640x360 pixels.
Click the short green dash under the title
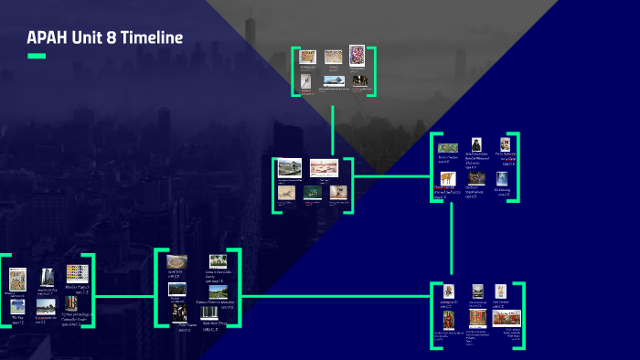tap(37, 56)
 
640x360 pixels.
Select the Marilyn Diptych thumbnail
tap(77, 273)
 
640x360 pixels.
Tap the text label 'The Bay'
tap(17, 318)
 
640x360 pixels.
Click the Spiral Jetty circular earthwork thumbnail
tap(177, 263)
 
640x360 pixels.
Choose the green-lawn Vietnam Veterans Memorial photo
tap(217, 291)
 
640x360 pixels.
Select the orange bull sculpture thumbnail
tap(447, 179)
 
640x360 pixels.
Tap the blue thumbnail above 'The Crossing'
tap(501, 178)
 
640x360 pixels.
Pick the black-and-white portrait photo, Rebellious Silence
tap(475, 145)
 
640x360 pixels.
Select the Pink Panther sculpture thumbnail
tap(501, 292)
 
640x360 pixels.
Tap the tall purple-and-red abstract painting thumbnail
tap(357, 55)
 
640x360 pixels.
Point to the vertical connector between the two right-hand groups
tap(452, 238)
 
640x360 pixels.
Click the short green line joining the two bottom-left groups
tap(124, 296)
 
